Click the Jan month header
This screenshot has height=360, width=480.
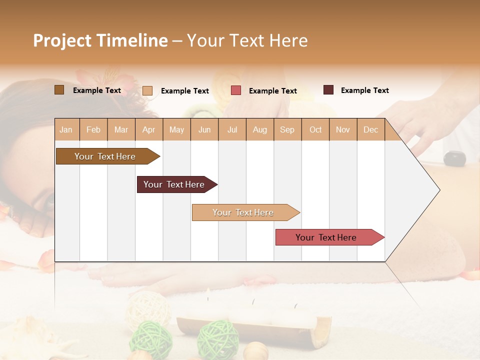[66, 129]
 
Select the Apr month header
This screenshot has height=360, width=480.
[149, 129]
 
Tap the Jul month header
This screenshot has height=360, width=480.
[232, 129]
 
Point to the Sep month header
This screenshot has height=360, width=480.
[287, 129]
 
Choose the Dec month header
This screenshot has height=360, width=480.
[370, 129]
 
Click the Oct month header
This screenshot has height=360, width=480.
[315, 129]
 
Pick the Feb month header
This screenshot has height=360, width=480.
[93, 129]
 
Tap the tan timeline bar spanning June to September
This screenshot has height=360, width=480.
[243, 212]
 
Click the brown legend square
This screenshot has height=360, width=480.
[59, 90]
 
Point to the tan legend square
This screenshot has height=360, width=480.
[147, 90]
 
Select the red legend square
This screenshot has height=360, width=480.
[236, 90]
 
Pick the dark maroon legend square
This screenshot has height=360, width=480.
[328, 90]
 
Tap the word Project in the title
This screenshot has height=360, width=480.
[62, 40]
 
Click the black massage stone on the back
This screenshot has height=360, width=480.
[454, 158]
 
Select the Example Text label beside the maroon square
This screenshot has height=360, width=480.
[364, 90]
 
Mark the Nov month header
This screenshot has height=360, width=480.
[343, 129]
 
